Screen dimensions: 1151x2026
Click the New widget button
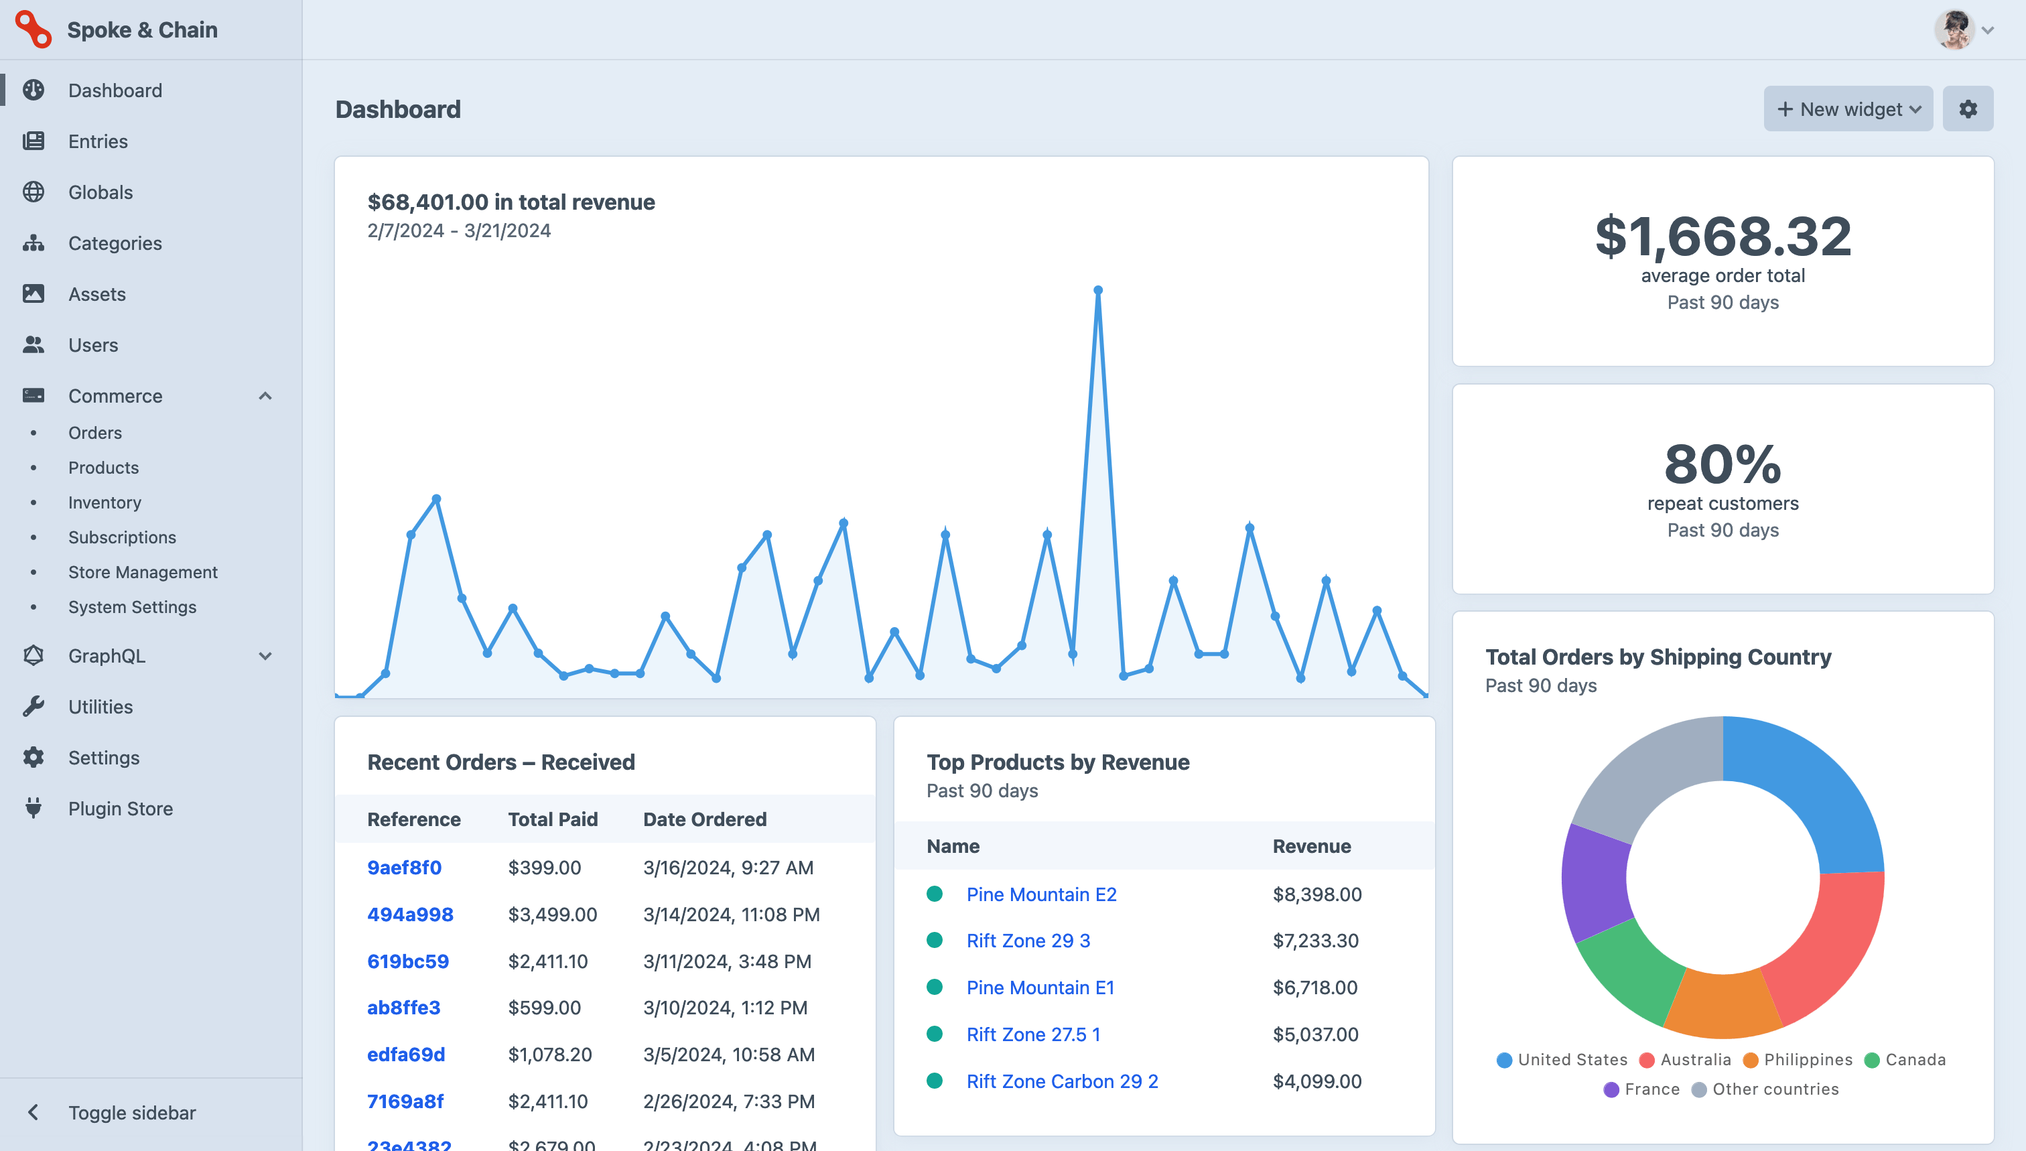point(1847,109)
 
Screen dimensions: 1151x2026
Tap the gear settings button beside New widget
point(1968,109)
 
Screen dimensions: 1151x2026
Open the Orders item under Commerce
point(95,432)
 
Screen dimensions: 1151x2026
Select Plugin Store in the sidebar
point(120,809)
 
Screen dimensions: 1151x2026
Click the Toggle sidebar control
point(131,1112)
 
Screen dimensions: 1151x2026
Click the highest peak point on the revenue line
point(1098,291)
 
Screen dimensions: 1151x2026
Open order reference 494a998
point(409,915)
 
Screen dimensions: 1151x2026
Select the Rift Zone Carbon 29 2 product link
point(1062,1081)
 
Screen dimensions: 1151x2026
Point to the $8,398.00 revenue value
point(1317,894)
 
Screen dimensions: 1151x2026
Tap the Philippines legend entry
point(1807,1059)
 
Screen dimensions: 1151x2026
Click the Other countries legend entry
point(1775,1089)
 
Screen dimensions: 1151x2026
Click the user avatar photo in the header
point(1953,30)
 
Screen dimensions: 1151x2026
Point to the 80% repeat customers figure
point(1723,464)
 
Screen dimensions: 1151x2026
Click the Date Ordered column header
point(704,819)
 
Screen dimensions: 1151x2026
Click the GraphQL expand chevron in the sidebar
point(265,656)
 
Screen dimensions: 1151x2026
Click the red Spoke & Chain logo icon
point(33,29)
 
